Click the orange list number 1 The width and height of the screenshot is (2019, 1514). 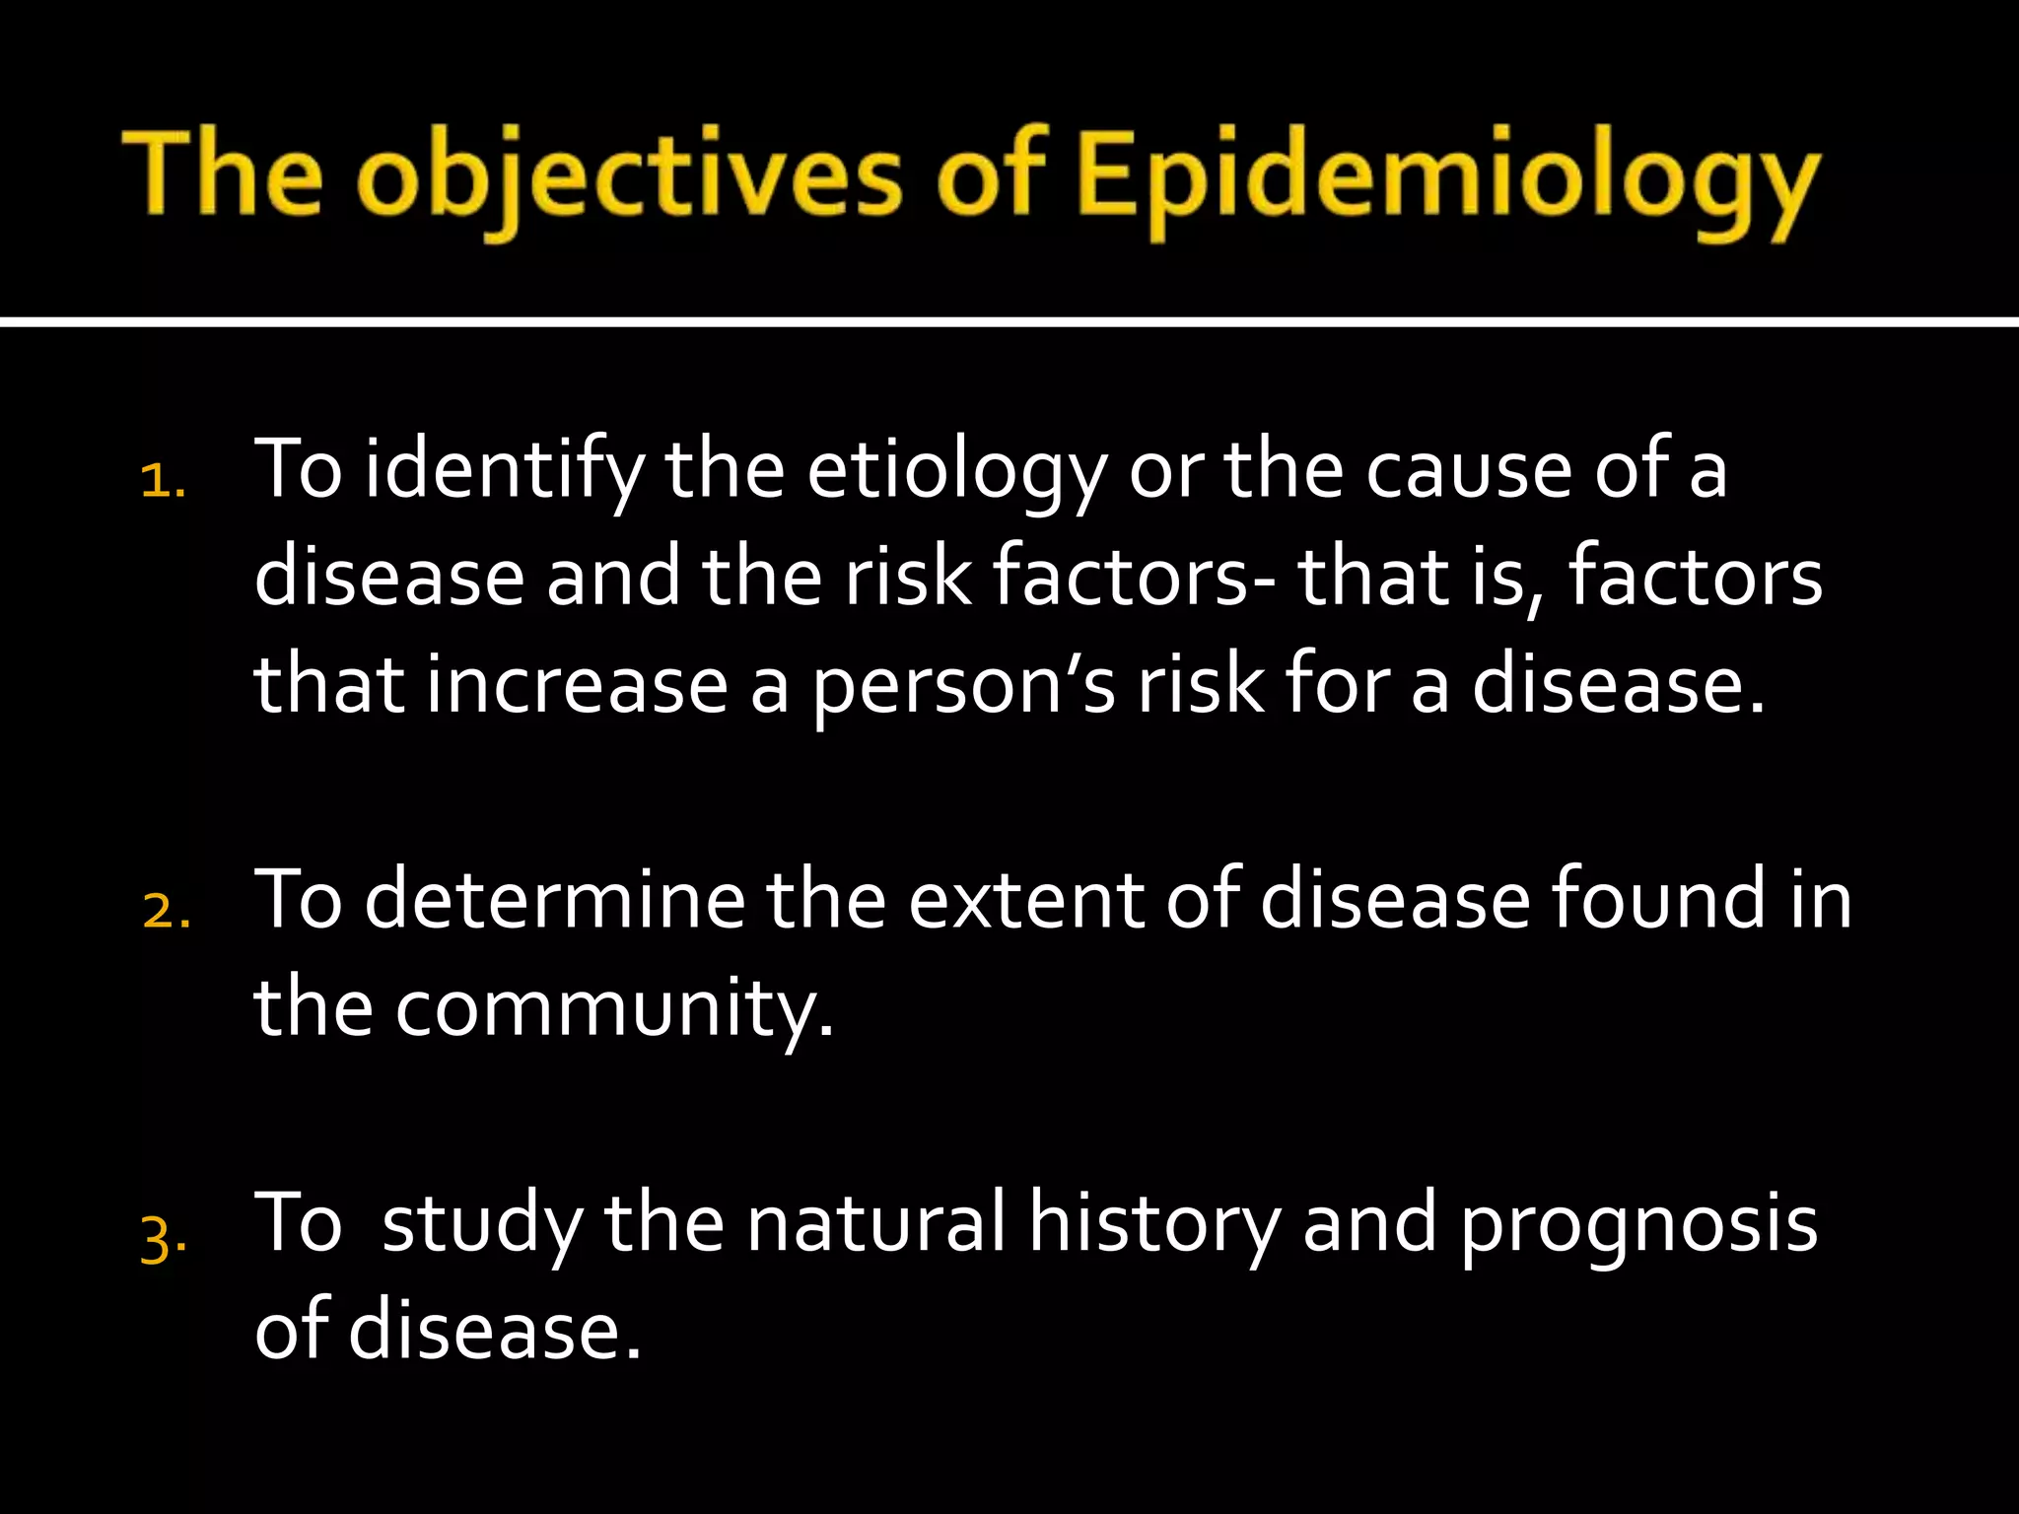(163, 483)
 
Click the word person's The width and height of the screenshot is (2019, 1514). (964, 688)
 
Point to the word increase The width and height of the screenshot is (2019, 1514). (577, 686)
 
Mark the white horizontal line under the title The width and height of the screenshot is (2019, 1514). (1009, 321)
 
